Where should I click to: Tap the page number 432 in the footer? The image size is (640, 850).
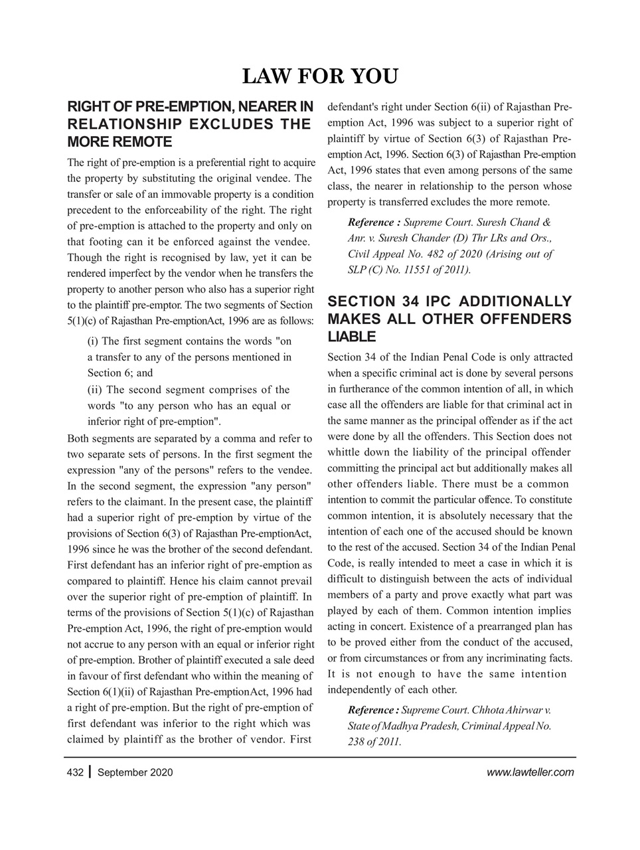(x=74, y=772)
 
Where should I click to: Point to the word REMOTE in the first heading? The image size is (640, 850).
(x=143, y=142)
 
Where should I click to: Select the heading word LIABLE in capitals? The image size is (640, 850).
(x=351, y=336)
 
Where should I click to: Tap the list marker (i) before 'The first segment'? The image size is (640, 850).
(x=94, y=341)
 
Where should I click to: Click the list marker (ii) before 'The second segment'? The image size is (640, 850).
(x=96, y=390)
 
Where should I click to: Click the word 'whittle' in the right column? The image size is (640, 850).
(x=345, y=453)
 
